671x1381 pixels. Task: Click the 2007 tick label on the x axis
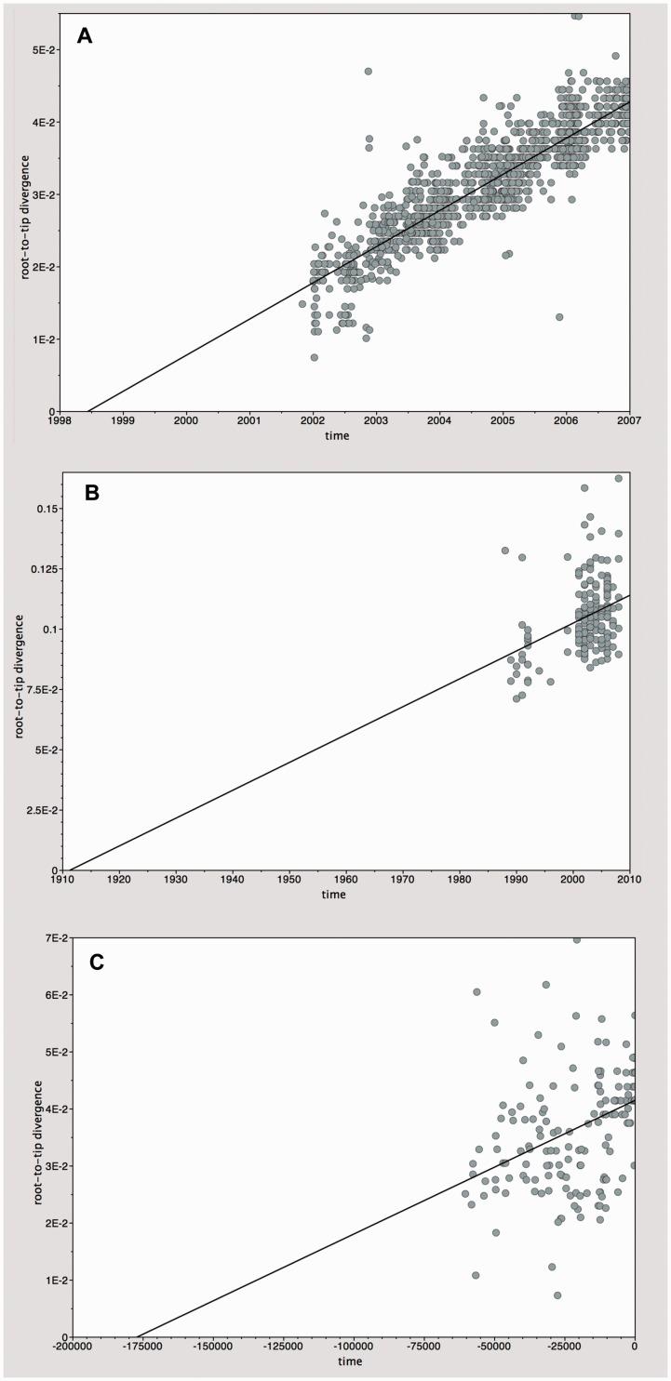[629, 422]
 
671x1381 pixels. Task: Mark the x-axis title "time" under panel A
[338, 435]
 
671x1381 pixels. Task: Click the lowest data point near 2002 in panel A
[315, 357]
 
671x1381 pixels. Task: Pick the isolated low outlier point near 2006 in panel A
[559, 317]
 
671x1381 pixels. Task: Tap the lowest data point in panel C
[557, 1295]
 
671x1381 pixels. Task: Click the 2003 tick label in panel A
[376, 422]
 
